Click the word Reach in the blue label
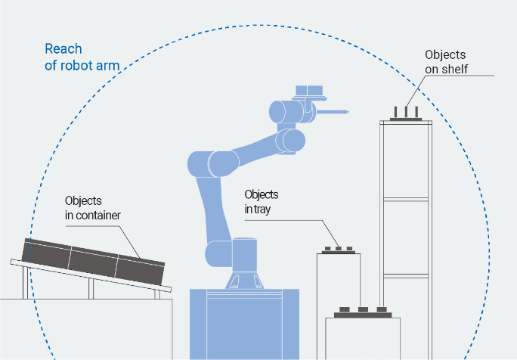click(63, 49)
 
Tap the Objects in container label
click(93, 207)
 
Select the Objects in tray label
click(262, 201)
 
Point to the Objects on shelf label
click(446, 62)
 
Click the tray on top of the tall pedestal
click(339, 251)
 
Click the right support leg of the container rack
click(157, 292)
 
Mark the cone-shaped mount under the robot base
click(243, 281)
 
